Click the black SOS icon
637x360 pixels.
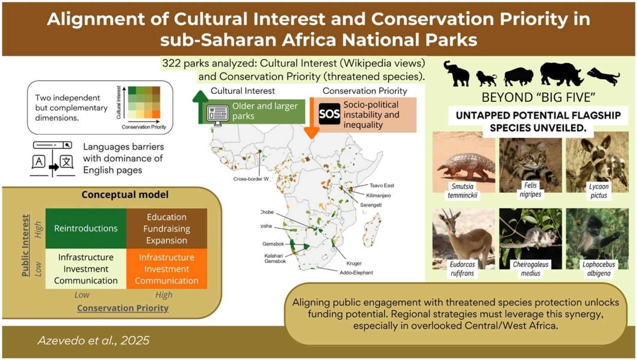(x=329, y=114)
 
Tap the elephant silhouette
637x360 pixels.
(x=457, y=73)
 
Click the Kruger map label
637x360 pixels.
(x=354, y=263)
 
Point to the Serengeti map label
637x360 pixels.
(x=371, y=205)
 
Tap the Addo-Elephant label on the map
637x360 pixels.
(x=356, y=273)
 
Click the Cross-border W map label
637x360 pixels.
(x=251, y=179)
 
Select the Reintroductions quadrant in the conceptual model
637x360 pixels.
(x=86, y=228)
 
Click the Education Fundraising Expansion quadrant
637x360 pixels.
(x=167, y=228)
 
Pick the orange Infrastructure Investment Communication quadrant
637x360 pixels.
(x=167, y=269)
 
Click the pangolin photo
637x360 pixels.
(x=463, y=162)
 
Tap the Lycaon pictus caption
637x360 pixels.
(x=599, y=191)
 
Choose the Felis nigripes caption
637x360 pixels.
(x=530, y=190)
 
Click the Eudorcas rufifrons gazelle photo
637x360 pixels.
(x=463, y=239)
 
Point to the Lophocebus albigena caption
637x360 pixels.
(x=599, y=269)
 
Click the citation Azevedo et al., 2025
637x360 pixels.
(x=93, y=340)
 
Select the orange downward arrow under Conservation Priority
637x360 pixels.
(x=312, y=118)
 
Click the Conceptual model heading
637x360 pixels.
(x=125, y=195)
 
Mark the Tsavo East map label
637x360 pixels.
(x=382, y=186)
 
